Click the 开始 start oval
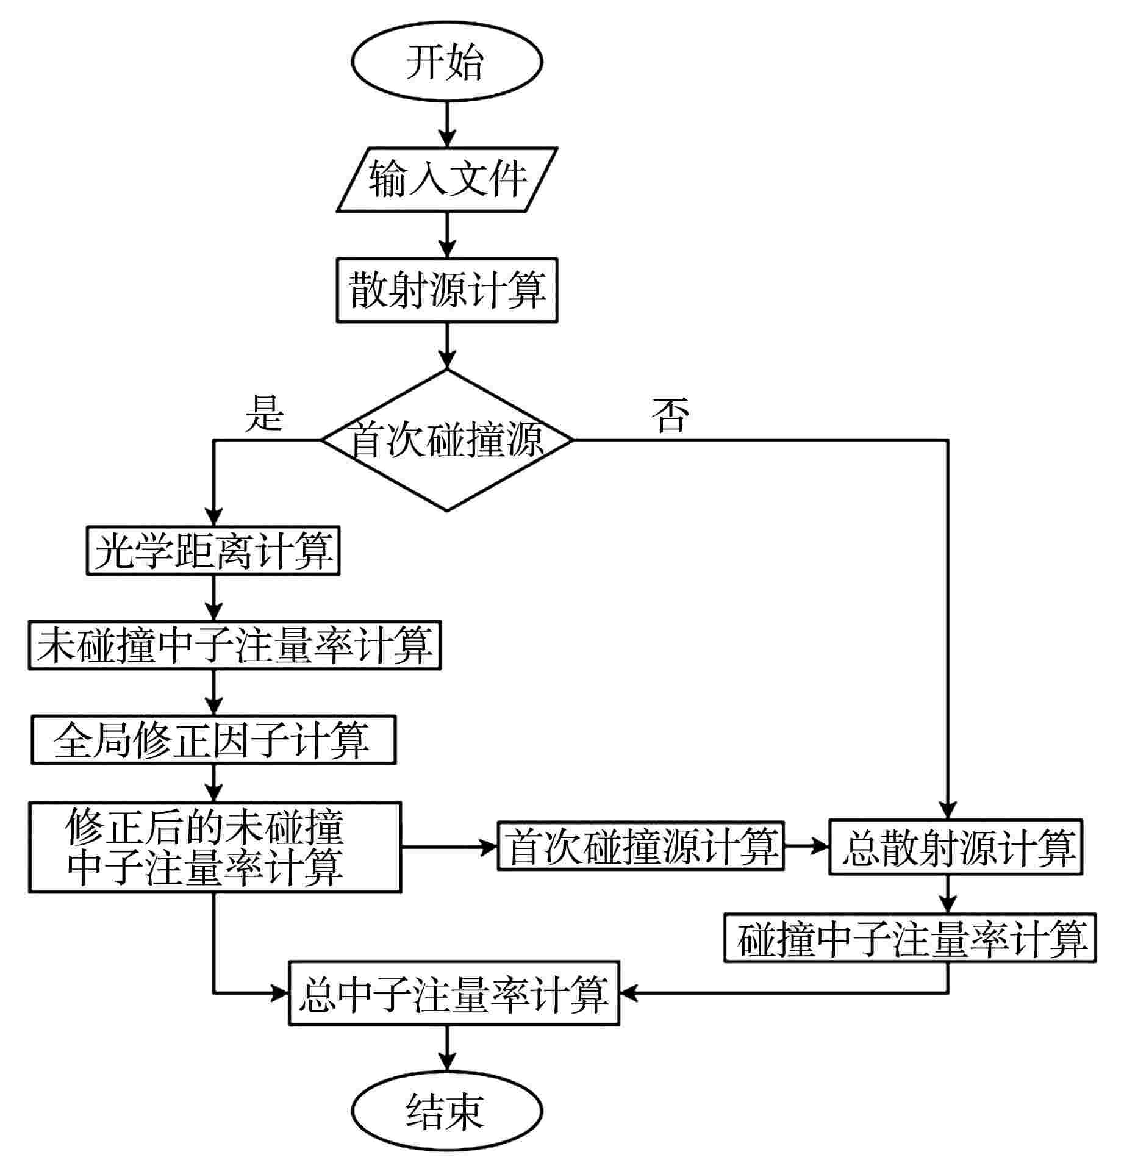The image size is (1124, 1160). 446,62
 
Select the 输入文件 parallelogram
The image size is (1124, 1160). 447,179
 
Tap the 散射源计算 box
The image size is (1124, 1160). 447,290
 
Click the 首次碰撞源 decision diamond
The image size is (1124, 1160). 447,440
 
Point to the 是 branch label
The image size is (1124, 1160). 264,414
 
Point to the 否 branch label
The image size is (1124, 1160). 670,415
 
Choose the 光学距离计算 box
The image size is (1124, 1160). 213,551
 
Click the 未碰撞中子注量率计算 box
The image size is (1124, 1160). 235,645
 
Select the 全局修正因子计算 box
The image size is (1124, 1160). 213,740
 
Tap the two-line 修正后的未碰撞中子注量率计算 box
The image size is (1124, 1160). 215,847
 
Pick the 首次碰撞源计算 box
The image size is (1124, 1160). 640,847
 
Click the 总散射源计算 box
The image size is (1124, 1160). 955,847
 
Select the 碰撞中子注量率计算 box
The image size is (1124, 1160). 910,939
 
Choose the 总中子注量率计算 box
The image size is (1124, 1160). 454,994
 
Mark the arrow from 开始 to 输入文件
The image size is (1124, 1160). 447,124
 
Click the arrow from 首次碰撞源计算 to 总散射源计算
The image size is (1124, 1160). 806,847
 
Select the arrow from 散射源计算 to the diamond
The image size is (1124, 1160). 447,345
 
